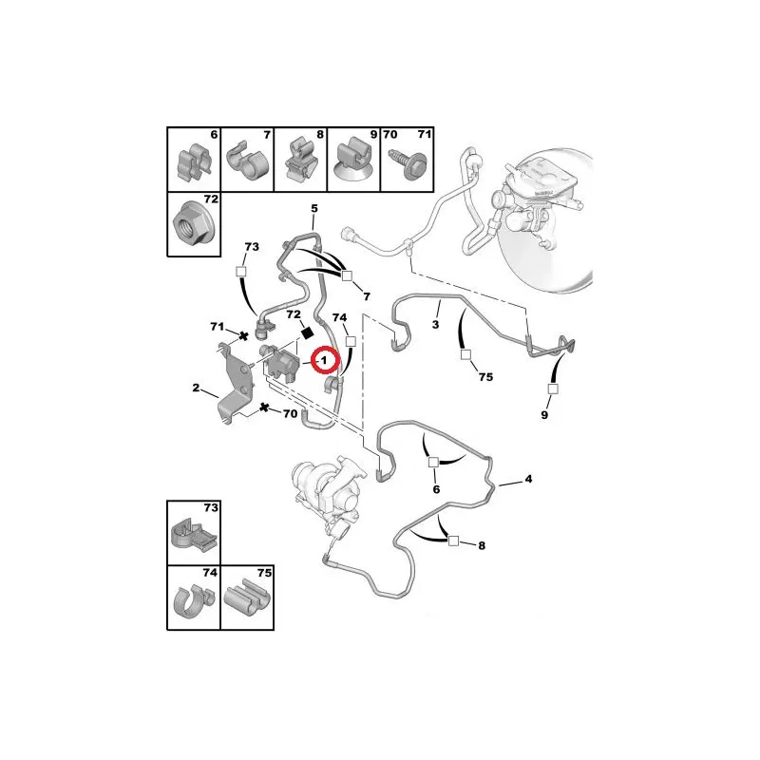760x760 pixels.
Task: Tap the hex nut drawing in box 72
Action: pos(189,224)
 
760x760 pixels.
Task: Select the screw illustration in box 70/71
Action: pos(408,162)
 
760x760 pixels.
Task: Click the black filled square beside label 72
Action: pos(306,333)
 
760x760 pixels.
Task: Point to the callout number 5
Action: pos(314,208)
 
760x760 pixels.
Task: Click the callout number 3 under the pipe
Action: pos(435,324)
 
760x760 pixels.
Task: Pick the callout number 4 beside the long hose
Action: pos(528,479)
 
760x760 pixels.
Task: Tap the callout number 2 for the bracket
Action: pos(196,388)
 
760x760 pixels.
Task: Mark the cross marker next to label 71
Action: pos(244,335)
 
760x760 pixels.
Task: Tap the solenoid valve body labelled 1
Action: pos(282,362)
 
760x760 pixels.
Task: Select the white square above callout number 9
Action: pos(553,389)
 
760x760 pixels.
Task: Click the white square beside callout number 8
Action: pos(453,541)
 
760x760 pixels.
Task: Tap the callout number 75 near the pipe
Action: pos(485,376)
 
